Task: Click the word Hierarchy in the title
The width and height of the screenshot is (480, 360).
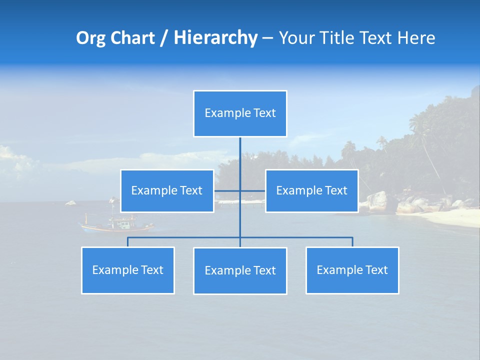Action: pyautogui.click(x=215, y=38)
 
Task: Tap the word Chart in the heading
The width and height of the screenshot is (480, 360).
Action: pyautogui.click(x=132, y=38)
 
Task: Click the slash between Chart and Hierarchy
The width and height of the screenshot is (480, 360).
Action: pyautogui.click(x=164, y=38)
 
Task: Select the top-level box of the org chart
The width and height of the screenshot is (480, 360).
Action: pyautogui.click(x=240, y=113)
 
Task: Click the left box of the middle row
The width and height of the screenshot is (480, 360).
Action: pyautogui.click(x=167, y=190)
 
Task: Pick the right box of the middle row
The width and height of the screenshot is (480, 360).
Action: pyautogui.click(x=311, y=190)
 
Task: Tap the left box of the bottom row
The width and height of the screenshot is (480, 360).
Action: pyautogui.click(x=128, y=270)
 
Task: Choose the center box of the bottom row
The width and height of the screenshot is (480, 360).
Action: pyautogui.click(x=240, y=270)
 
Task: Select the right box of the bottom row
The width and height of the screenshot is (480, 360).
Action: pyautogui.click(x=352, y=270)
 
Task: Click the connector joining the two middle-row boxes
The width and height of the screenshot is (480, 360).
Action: pyautogui.click(x=252, y=190)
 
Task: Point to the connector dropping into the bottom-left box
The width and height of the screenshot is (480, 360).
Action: pyautogui.click(x=128, y=242)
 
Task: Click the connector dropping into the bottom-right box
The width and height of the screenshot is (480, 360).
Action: pyautogui.click(x=352, y=242)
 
